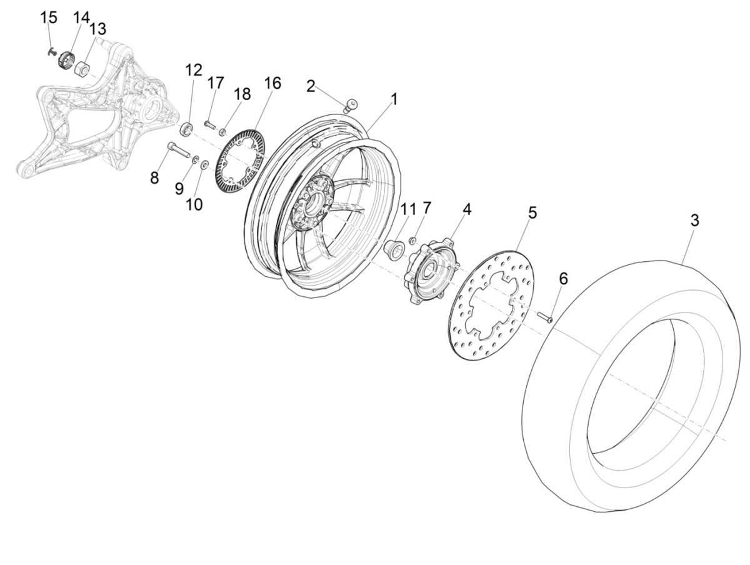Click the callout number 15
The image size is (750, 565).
point(49,17)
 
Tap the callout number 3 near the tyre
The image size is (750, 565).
point(694,221)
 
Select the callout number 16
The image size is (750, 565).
point(272,83)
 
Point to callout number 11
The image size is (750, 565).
point(408,209)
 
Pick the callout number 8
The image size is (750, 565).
point(154,178)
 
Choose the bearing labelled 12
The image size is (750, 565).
point(186,130)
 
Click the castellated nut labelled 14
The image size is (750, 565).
point(66,61)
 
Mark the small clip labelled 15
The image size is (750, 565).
point(51,51)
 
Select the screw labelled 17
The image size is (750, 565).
point(210,125)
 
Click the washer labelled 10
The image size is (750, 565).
point(204,164)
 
